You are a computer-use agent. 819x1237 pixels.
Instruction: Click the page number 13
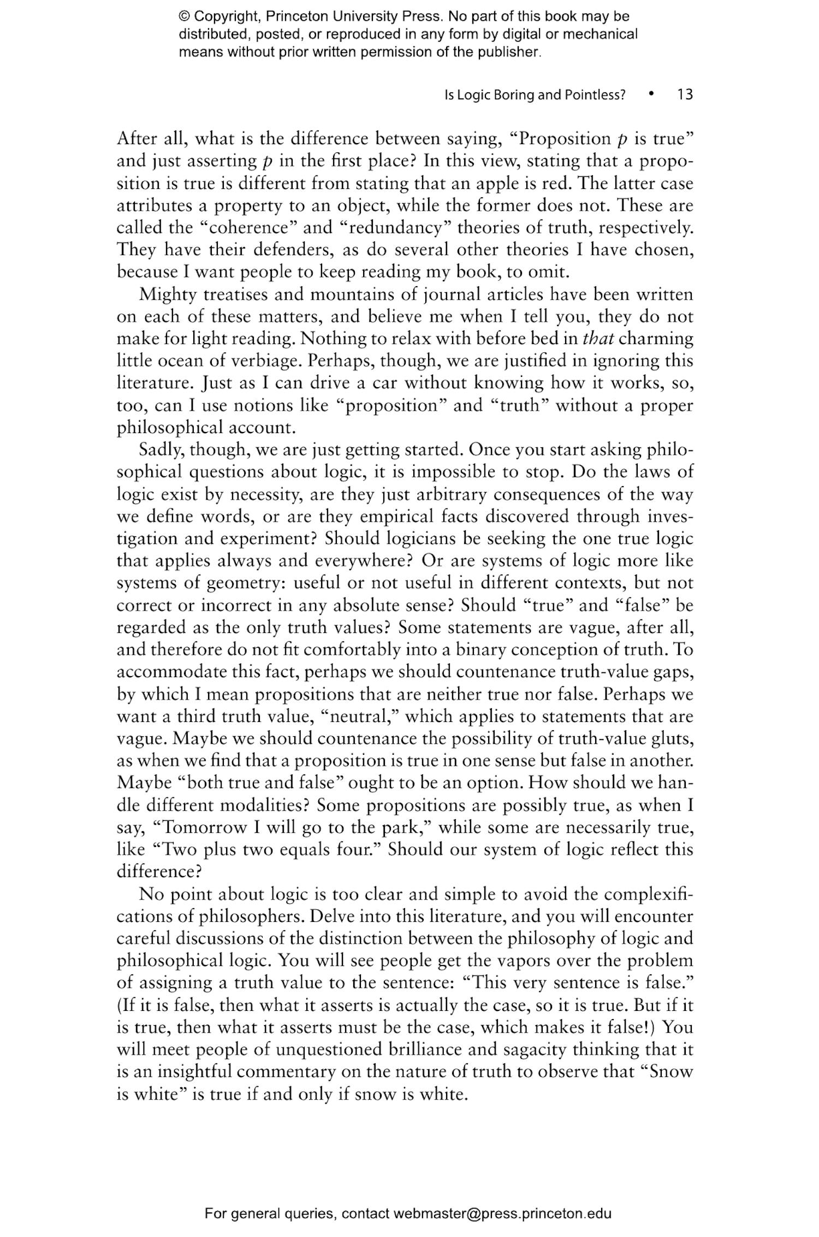[685, 95]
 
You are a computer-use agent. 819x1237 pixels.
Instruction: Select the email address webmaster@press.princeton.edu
[502, 1214]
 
